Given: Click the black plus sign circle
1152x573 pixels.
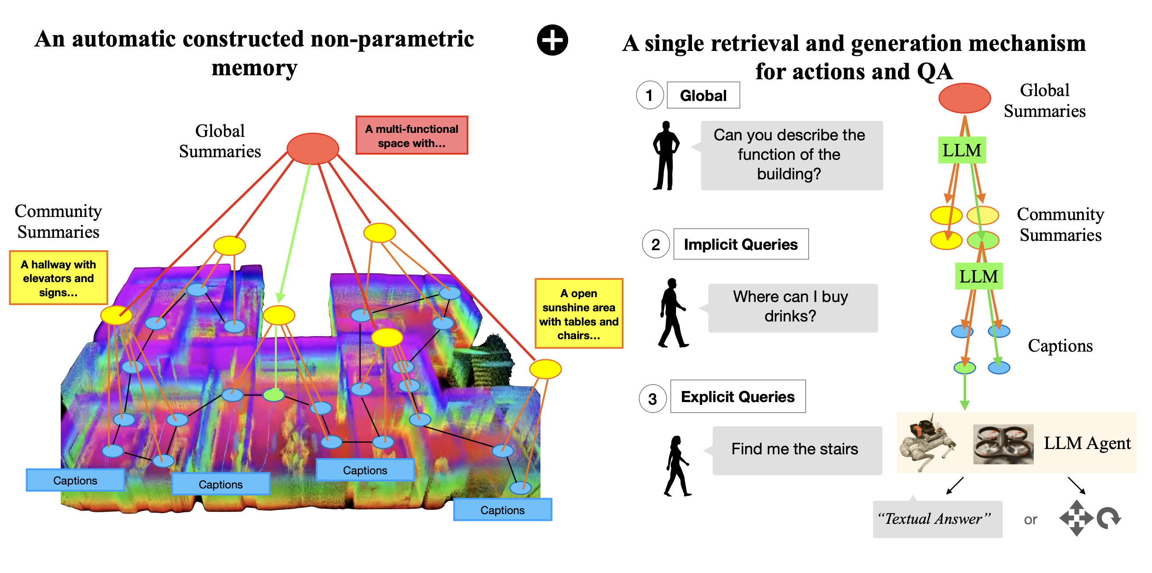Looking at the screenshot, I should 552,40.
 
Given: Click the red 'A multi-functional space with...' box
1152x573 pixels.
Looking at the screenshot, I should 411,136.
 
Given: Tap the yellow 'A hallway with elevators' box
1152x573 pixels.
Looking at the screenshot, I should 58,278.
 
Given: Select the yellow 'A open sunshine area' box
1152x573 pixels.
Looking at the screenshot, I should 579,314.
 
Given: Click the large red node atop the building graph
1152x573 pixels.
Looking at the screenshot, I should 313,148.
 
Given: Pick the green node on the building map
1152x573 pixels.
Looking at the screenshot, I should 274,395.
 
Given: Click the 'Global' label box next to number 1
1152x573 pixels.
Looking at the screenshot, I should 703,95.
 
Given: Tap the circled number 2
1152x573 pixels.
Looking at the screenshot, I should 656,244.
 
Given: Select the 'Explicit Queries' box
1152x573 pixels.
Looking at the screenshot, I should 738,396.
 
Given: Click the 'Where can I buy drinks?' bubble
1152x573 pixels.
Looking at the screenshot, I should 792,307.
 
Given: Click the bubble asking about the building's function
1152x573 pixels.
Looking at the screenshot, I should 791,155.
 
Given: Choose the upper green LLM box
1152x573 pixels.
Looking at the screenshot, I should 962,150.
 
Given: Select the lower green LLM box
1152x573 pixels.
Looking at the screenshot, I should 978,276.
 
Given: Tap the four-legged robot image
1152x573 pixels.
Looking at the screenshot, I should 928,443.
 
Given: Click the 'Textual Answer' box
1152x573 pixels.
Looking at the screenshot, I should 937,519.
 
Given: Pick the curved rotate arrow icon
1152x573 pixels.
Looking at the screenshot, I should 1109,519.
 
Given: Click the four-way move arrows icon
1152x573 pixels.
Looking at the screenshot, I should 1075,519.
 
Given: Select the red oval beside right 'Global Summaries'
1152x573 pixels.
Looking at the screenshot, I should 964,98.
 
